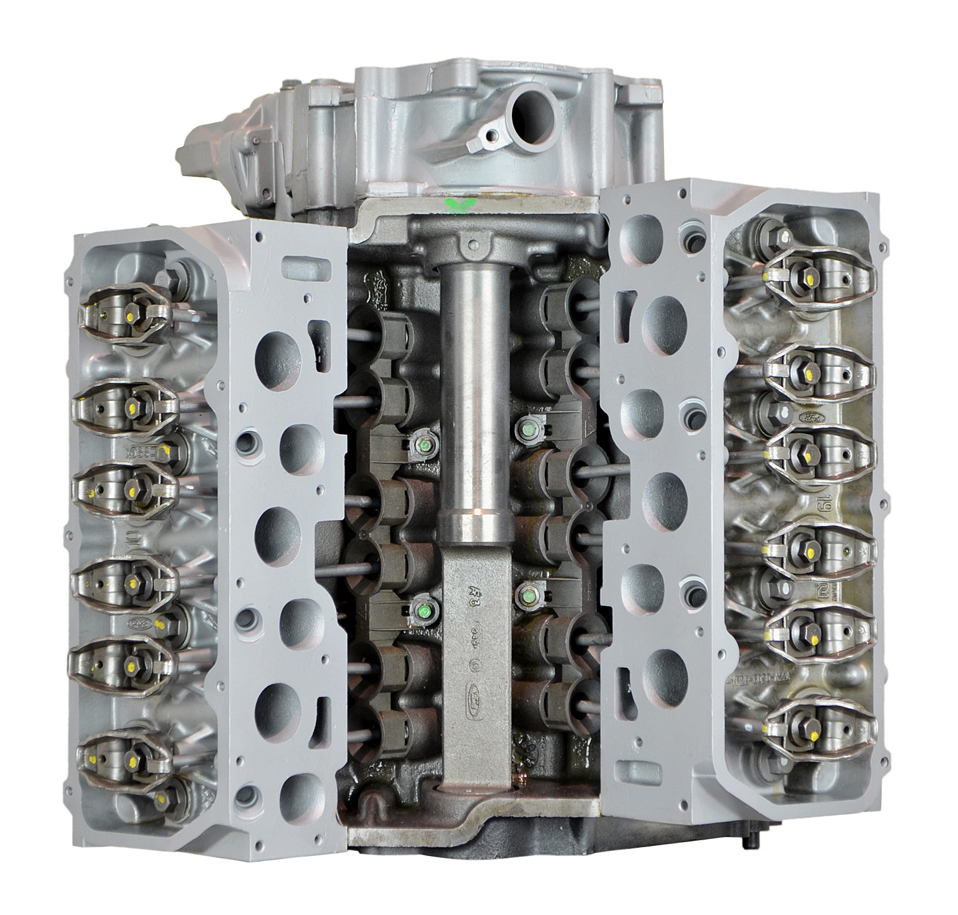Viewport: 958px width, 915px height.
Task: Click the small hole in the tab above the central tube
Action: click(471, 241)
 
